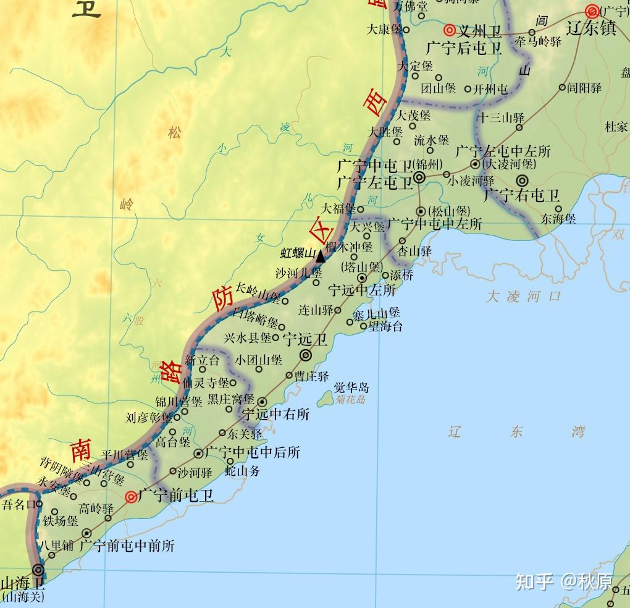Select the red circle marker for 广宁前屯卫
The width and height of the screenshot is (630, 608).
point(131,496)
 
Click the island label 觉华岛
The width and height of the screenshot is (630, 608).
point(351,387)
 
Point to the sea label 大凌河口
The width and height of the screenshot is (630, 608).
point(524,296)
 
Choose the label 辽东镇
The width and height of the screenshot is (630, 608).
point(592,28)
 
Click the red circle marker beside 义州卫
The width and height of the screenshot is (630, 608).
point(449,30)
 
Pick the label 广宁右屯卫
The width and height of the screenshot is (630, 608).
point(521,196)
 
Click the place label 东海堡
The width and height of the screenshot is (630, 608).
point(558,218)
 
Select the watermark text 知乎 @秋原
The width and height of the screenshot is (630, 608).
point(564,581)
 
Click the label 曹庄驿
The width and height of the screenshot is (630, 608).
point(311,376)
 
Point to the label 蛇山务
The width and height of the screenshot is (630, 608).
point(242,471)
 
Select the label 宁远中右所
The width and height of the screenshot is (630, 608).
point(275,414)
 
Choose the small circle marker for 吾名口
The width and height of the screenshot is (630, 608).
point(39,504)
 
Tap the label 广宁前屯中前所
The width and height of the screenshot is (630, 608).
point(127,546)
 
